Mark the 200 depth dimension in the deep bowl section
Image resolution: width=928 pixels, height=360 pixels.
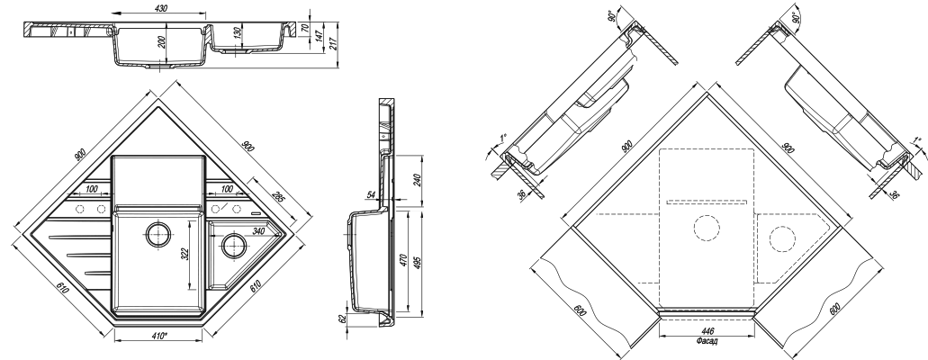(160, 43)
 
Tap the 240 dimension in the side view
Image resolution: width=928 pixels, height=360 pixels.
(417, 179)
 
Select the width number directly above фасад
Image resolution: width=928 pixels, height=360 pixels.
(705, 331)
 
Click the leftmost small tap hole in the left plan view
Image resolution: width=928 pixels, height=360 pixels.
(78, 210)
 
